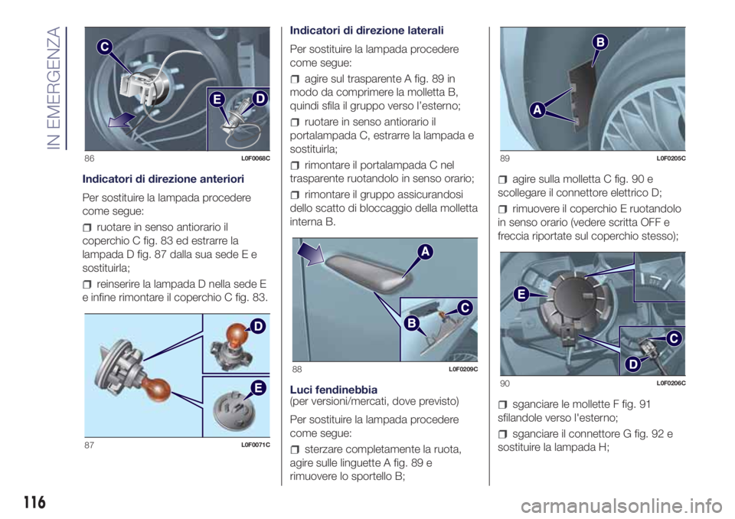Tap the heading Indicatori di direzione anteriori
(x=163, y=179)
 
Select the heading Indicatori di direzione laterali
(x=367, y=31)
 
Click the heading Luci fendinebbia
(x=334, y=390)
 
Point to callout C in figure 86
(x=105, y=47)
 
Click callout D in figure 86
(x=260, y=99)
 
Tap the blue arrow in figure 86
(x=120, y=120)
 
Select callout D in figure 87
(x=258, y=326)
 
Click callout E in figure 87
(x=258, y=388)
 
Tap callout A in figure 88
(x=425, y=253)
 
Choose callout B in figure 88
(x=411, y=323)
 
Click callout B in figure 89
(x=600, y=43)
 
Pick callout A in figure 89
(x=537, y=110)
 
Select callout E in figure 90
(x=521, y=295)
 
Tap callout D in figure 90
(x=632, y=364)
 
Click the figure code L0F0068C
(x=256, y=158)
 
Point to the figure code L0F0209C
(x=463, y=370)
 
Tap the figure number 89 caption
(x=505, y=158)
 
